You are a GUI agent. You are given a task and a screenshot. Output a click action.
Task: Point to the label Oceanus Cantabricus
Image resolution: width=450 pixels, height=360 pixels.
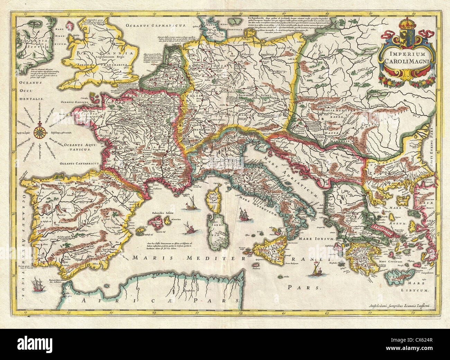point(79,163)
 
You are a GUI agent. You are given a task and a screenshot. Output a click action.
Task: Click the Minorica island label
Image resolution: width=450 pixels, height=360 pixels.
point(179,219)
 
